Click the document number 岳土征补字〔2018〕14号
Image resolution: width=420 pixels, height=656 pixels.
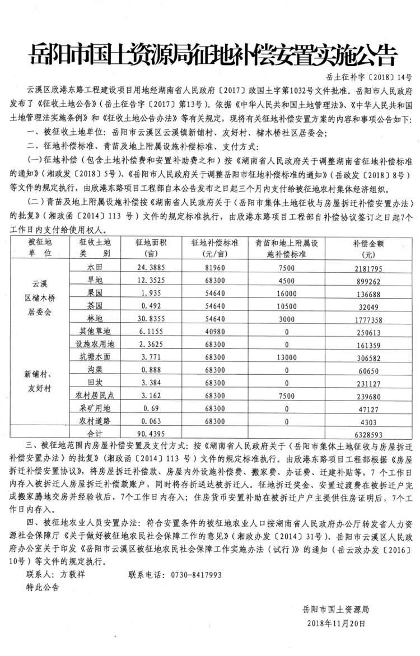pyautogui.click(x=368, y=77)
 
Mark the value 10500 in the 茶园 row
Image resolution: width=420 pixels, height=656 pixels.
pyautogui.click(x=286, y=304)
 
